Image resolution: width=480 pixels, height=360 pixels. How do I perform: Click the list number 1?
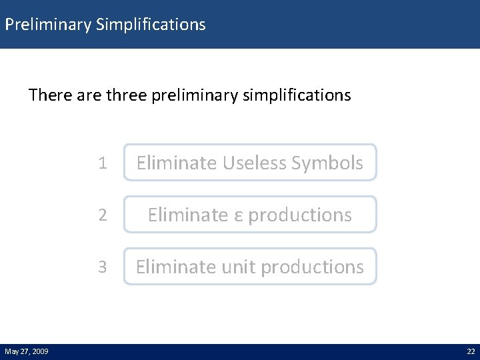102,163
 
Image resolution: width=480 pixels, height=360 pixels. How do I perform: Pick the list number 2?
102,215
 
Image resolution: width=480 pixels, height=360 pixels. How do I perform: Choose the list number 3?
102,267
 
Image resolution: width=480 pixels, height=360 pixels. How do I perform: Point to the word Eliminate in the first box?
175,163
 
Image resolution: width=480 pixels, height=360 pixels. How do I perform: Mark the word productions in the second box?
300,215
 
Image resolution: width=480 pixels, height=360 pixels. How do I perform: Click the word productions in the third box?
312,267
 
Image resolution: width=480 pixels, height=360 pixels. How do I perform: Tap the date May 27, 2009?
26,351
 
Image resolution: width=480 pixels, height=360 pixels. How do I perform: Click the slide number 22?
471,351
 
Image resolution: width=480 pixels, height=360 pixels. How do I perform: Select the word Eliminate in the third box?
174,267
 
